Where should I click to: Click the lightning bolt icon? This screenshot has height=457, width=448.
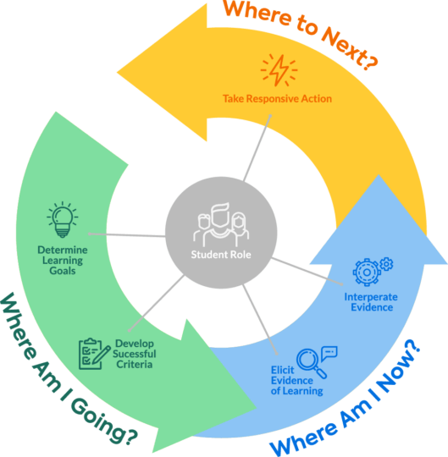pyautogui.click(x=277, y=70)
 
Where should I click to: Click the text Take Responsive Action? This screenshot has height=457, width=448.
pyautogui.click(x=277, y=99)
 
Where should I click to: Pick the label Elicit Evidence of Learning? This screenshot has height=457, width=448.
pyautogui.click(x=296, y=381)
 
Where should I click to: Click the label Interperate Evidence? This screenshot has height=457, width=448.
pyautogui.click(x=368, y=302)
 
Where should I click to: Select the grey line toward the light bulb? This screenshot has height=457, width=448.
pyautogui.click(x=127, y=234)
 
